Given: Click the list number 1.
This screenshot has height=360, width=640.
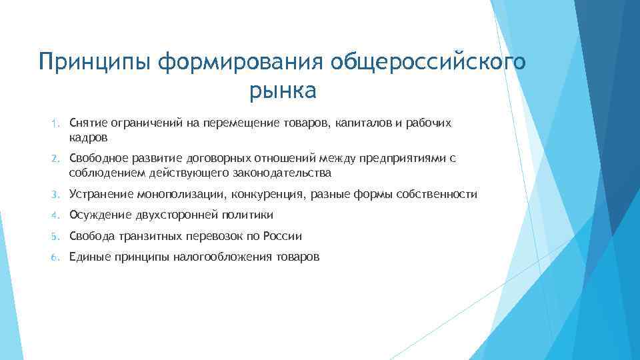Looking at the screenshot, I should tap(57, 124).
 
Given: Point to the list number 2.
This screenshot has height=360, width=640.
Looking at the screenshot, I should tap(57, 159).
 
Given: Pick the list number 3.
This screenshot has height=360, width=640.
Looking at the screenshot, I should tap(57, 195).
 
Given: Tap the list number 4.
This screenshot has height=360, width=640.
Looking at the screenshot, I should tap(57, 215).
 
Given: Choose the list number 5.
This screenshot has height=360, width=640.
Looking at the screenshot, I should tap(57, 236).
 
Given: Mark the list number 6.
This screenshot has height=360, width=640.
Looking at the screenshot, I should tap(57, 257).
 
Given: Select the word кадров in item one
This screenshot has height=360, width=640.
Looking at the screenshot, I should tap(88, 138).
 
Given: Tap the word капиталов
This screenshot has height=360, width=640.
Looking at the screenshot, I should tap(359, 124).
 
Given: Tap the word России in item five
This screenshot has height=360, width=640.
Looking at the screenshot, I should tap(283, 236).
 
